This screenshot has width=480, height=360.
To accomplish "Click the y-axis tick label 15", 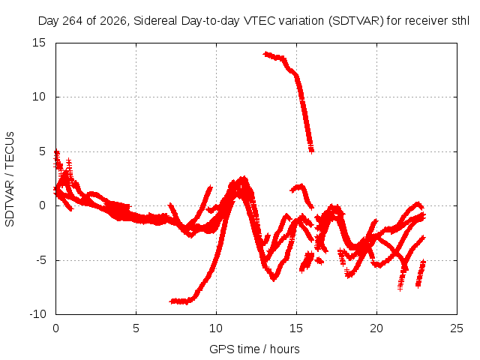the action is click(x=39, y=43).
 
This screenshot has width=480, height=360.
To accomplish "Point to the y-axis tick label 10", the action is click(x=39, y=97).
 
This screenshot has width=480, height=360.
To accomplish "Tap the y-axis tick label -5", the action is click(x=41, y=260).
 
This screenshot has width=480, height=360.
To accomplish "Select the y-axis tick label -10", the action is click(x=37, y=314).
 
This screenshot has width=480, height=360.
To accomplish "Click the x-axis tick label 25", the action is click(x=457, y=328).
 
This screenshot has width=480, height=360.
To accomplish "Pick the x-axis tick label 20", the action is click(x=376, y=328).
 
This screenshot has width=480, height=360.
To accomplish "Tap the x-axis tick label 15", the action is click(x=296, y=328).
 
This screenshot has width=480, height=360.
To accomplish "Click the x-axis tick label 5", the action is click(x=136, y=328).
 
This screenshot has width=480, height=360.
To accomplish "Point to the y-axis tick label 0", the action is click(x=42, y=205).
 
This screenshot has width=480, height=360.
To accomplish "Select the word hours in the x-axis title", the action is click(x=285, y=349).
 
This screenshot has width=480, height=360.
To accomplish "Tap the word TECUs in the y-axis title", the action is click(x=10, y=150).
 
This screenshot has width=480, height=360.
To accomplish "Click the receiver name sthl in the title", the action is click(x=460, y=21).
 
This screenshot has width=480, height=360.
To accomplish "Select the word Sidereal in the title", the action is click(x=155, y=21).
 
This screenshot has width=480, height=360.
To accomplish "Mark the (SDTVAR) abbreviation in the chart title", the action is click(x=356, y=21).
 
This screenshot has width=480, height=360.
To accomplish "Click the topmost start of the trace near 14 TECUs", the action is click(x=265, y=54).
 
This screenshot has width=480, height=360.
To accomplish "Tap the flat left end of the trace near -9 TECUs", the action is click(x=172, y=301).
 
